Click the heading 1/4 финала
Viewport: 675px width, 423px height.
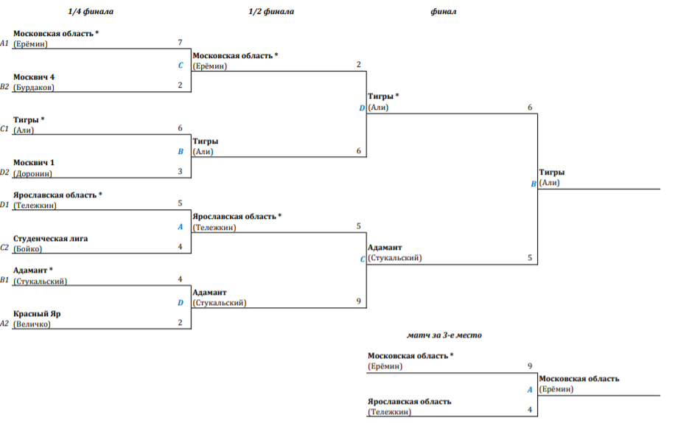coord(91,12)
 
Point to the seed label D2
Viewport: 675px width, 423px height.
coord(4,174)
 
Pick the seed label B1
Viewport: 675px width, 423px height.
coord(4,281)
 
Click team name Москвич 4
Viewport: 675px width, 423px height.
coord(34,77)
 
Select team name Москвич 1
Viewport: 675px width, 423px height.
coord(34,163)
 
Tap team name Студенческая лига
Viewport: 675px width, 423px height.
coord(50,238)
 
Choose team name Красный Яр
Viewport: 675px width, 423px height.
coord(37,313)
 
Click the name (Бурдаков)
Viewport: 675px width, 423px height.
coord(34,87)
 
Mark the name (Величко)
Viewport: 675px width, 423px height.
coord(32,324)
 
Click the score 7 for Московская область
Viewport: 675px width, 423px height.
coord(180,43)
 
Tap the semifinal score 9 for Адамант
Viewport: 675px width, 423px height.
coord(358,301)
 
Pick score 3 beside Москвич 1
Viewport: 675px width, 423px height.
coord(180,172)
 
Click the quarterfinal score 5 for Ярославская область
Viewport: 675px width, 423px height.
coord(180,203)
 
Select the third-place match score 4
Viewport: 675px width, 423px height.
coord(530,410)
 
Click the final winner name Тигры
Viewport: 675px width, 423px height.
coord(552,172)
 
